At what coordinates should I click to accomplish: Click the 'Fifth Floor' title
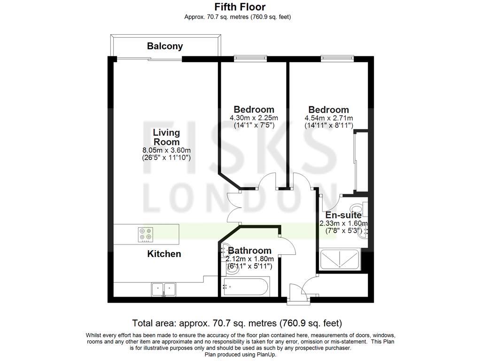[x=240, y=7]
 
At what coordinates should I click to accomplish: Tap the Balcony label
[x=165, y=46]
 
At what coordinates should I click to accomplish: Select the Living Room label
[x=166, y=137]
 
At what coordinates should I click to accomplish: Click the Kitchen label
[x=164, y=254]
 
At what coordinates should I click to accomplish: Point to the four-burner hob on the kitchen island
[x=146, y=234]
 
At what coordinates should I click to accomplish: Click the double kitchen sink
[x=163, y=289]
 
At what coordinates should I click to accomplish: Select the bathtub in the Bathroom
[x=246, y=287]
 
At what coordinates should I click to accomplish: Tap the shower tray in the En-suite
[x=339, y=260]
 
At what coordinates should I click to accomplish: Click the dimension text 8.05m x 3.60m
[x=166, y=150]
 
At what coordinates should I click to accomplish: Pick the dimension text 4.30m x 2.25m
[x=254, y=118]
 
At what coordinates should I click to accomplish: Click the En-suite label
[x=343, y=215]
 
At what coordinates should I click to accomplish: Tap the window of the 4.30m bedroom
[x=251, y=59]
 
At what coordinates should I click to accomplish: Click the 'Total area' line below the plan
[x=237, y=323]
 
